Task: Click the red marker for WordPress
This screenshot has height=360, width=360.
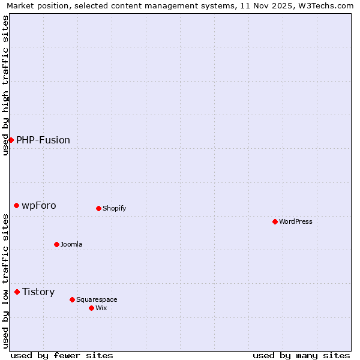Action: pyautogui.click(x=275, y=221)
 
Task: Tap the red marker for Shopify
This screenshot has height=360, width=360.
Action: pyautogui.click(x=98, y=208)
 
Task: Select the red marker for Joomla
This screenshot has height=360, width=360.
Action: pyautogui.click(x=56, y=244)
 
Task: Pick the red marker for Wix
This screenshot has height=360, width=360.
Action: pyautogui.click(x=91, y=308)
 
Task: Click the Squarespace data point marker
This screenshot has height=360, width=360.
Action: pyautogui.click(x=72, y=299)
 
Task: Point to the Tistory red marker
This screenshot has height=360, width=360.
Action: pyautogui.click(x=17, y=292)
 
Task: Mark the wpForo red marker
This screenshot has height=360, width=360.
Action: pyautogui.click(x=16, y=205)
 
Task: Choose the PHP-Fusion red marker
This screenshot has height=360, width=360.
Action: pyautogui.click(x=11, y=140)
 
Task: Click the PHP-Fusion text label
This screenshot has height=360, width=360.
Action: pyautogui.click(x=43, y=140)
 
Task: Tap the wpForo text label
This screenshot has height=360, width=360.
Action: pyautogui.click(x=39, y=205)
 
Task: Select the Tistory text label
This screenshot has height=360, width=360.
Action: pyautogui.click(x=38, y=292)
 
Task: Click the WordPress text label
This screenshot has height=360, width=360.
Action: pyautogui.click(x=296, y=221)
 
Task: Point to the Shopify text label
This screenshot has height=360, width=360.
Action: pyautogui.click(x=114, y=208)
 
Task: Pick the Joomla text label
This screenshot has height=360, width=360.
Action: pyautogui.click(x=71, y=244)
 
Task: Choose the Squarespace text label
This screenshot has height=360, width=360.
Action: pyautogui.click(x=97, y=299)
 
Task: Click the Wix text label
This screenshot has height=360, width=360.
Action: pyautogui.click(x=101, y=308)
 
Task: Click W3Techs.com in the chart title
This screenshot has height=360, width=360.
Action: pyautogui.click(x=322, y=5)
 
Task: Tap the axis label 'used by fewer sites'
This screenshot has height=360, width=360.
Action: pyautogui.click(x=62, y=355)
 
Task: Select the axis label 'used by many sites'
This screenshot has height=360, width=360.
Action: pyautogui.click(x=301, y=355)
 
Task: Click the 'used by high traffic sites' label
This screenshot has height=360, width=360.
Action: pyautogui.click(x=5, y=85)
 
